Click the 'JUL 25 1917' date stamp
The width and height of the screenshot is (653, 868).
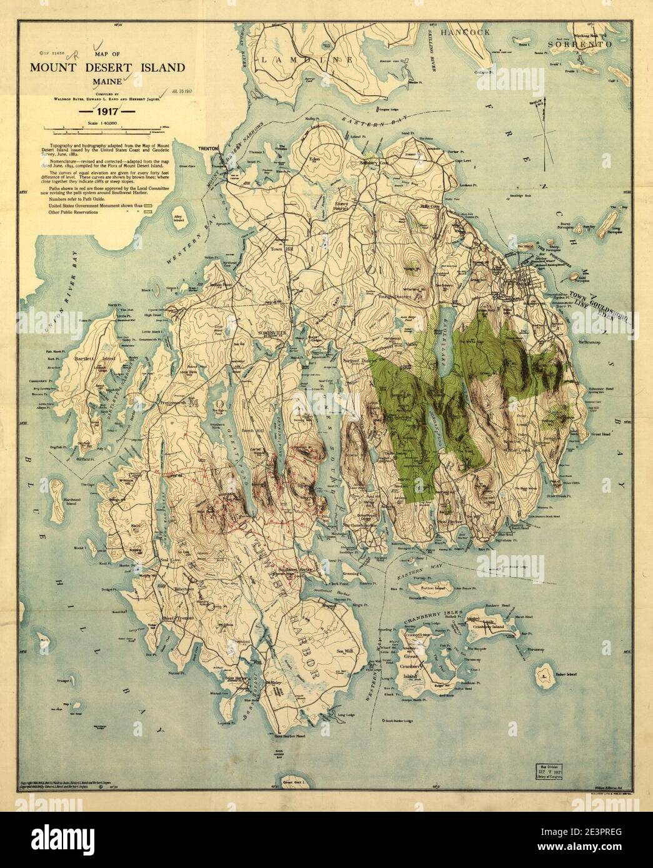(x=183, y=97)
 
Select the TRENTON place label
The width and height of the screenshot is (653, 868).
(x=207, y=149)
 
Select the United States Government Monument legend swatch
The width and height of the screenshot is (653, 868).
(x=149, y=204)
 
